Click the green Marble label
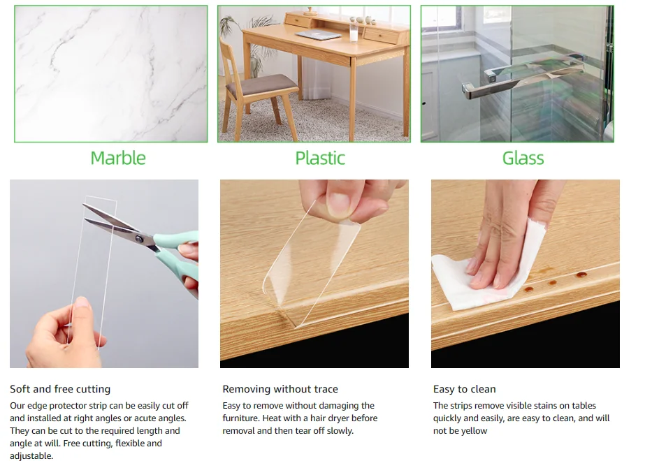click(x=118, y=158)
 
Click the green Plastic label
click(x=320, y=158)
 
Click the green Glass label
click(x=523, y=158)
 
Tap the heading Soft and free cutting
click(x=60, y=389)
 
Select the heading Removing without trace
click(x=280, y=389)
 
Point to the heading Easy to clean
click(x=464, y=389)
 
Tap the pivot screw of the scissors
click(x=139, y=239)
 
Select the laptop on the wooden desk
click(x=317, y=35)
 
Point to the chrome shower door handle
click(x=521, y=75)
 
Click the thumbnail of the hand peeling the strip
click(x=314, y=273)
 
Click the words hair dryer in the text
click(x=339, y=418)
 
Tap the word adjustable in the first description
click(x=31, y=456)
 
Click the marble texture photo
click(x=111, y=74)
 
